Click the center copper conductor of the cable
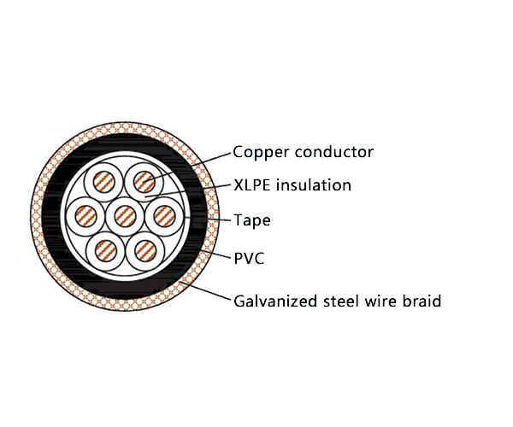click(125, 216)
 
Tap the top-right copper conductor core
click(144, 183)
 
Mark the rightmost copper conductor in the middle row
click(162, 216)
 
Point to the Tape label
click(252, 221)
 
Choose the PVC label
click(249, 257)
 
